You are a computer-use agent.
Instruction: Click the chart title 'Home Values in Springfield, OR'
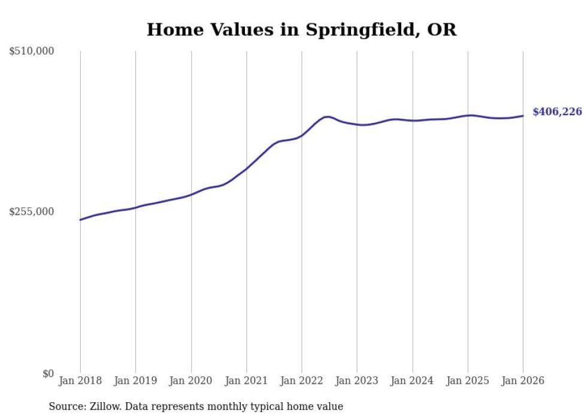301,30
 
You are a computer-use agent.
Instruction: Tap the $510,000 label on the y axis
32,52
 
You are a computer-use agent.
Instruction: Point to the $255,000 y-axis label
32,212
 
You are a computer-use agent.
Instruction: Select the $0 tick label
48,373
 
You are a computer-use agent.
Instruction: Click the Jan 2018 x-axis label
80,381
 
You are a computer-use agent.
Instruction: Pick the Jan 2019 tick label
135,381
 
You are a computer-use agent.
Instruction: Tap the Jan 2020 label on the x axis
191,381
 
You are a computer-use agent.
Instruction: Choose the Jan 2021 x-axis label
246,381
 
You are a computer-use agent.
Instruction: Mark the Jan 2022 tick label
302,381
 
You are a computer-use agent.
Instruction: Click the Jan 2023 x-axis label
357,381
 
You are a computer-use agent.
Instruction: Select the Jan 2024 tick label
412,381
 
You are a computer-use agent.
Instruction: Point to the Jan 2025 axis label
468,381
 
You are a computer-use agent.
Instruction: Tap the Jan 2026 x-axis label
523,381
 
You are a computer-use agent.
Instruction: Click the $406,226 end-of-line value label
557,112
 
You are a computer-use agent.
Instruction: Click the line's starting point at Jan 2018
80,220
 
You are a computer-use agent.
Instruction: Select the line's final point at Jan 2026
523,116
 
